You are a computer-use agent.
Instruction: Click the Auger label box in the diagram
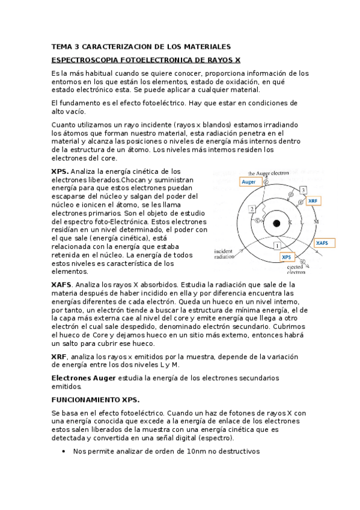(x=248, y=181)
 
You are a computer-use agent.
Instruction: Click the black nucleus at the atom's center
(x=276, y=223)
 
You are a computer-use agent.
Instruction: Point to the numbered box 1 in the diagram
(x=276, y=246)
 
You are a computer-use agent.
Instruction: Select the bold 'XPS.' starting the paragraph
(x=60, y=171)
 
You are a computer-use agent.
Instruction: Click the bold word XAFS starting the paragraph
(x=61, y=284)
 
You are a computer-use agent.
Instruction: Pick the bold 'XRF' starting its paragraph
(x=59, y=357)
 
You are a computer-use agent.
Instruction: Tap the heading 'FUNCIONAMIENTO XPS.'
(x=95, y=399)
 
